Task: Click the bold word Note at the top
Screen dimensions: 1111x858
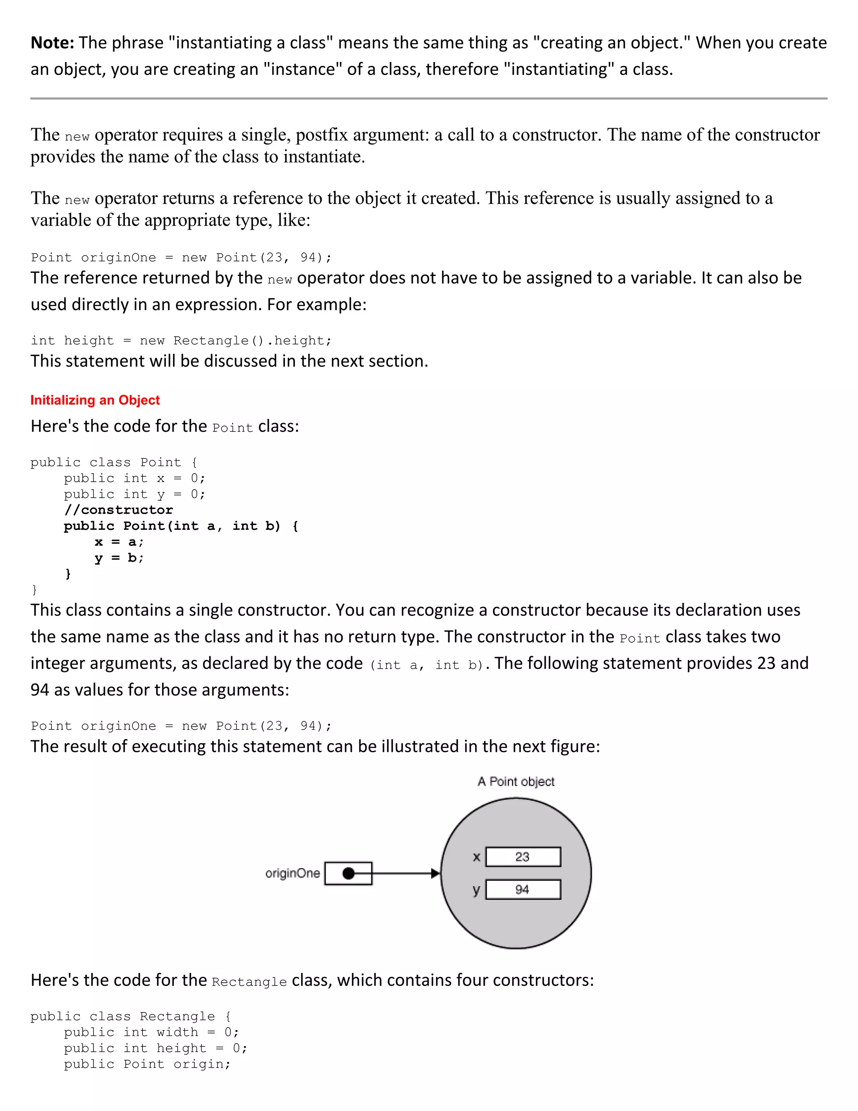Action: pyautogui.click(x=52, y=43)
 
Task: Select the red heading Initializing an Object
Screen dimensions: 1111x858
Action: pyautogui.click(x=95, y=400)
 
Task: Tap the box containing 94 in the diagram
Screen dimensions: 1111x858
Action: pyautogui.click(x=523, y=890)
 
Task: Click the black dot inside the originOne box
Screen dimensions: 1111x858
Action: pyautogui.click(x=349, y=873)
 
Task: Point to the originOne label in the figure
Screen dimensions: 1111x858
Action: pyautogui.click(x=292, y=873)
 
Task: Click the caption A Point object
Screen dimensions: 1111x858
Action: pyautogui.click(x=516, y=782)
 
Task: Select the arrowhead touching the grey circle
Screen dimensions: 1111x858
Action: pyautogui.click(x=435, y=873)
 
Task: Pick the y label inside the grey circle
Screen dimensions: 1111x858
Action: pyautogui.click(x=476, y=890)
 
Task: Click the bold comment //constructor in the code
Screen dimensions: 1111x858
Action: pyautogui.click(x=119, y=510)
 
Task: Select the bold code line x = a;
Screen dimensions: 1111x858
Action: pyautogui.click(x=119, y=542)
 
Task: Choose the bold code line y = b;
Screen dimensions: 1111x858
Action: pyautogui.click(x=119, y=558)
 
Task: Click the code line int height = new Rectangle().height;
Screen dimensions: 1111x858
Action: pyautogui.click(x=181, y=341)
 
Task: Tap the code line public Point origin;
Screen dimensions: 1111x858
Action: pyautogui.click(x=147, y=1064)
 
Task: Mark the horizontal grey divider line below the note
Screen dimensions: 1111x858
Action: pyautogui.click(x=429, y=98)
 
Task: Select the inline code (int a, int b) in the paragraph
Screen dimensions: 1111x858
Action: pyautogui.click(x=427, y=665)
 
